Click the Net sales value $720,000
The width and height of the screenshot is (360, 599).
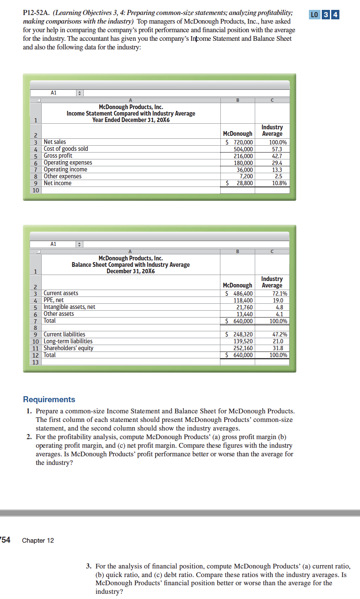coord(240,142)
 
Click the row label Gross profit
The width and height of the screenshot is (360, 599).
coord(58,156)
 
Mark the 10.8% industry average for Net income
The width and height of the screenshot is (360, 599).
coord(280,183)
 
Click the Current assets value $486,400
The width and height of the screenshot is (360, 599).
coord(240,293)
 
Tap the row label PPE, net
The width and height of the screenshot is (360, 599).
coord(54,300)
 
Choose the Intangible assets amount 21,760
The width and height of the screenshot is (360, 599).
coord(244,307)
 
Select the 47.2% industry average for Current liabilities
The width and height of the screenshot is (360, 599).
coord(280,334)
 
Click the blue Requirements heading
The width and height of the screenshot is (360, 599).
coord(49,399)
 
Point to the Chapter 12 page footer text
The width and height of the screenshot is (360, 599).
coord(38,541)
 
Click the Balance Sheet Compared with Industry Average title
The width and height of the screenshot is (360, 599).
coord(131,265)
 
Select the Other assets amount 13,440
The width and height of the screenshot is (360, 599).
coord(244,314)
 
